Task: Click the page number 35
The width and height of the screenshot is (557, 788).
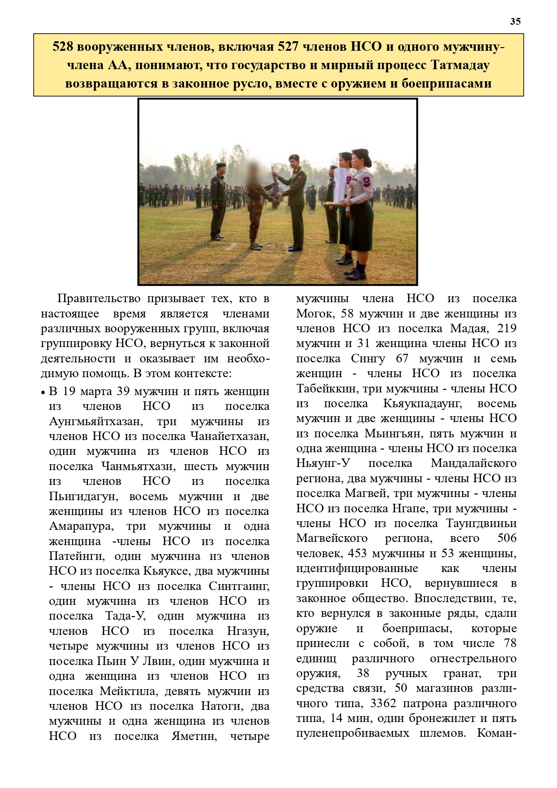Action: (x=515, y=22)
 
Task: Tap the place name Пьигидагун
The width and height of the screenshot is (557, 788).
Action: (x=83, y=497)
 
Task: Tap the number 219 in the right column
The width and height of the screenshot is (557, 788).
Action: (x=507, y=328)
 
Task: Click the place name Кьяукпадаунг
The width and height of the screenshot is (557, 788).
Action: (x=422, y=403)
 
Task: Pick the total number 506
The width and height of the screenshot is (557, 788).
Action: (x=507, y=538)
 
